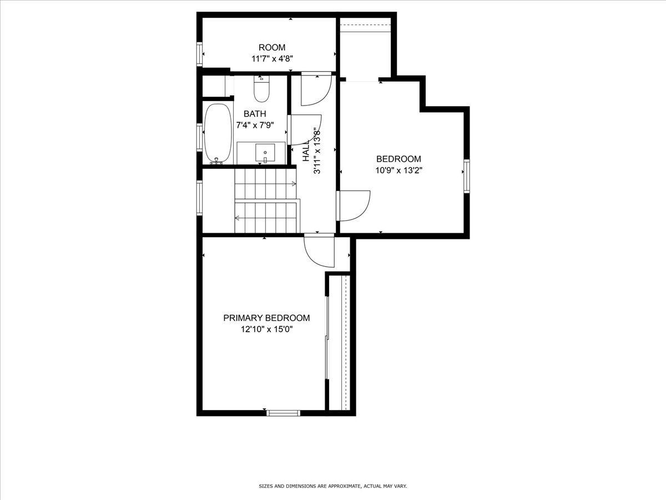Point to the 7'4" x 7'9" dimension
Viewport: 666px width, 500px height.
(255, 126)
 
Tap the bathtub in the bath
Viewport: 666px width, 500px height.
(217, 133)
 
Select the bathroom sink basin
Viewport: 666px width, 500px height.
(265, 152)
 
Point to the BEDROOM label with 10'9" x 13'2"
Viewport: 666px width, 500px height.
(398, 159)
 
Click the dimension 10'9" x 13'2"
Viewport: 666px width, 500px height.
(398, 171)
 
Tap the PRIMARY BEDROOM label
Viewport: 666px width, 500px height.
(266, 318)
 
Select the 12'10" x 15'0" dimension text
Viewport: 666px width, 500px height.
(266, 329)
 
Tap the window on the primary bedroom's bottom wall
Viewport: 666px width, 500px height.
(283, 413)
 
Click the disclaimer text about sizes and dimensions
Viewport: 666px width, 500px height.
(333, 486)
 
